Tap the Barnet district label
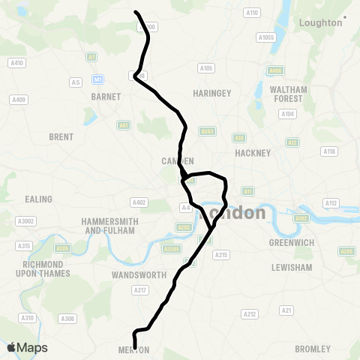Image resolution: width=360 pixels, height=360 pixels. point(100,97)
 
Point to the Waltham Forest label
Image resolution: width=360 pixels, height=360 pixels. point(287,94)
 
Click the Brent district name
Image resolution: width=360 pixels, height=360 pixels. point(61,137)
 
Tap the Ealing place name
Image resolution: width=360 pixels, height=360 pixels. point(39,199)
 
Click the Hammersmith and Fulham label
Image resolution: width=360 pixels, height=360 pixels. point(109,226)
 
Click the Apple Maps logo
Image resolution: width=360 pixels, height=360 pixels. point(28,348)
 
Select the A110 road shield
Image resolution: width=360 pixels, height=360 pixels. point(252,13)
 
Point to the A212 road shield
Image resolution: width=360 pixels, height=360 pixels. point(250,313)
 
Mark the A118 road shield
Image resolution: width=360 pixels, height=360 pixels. point(328,151)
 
